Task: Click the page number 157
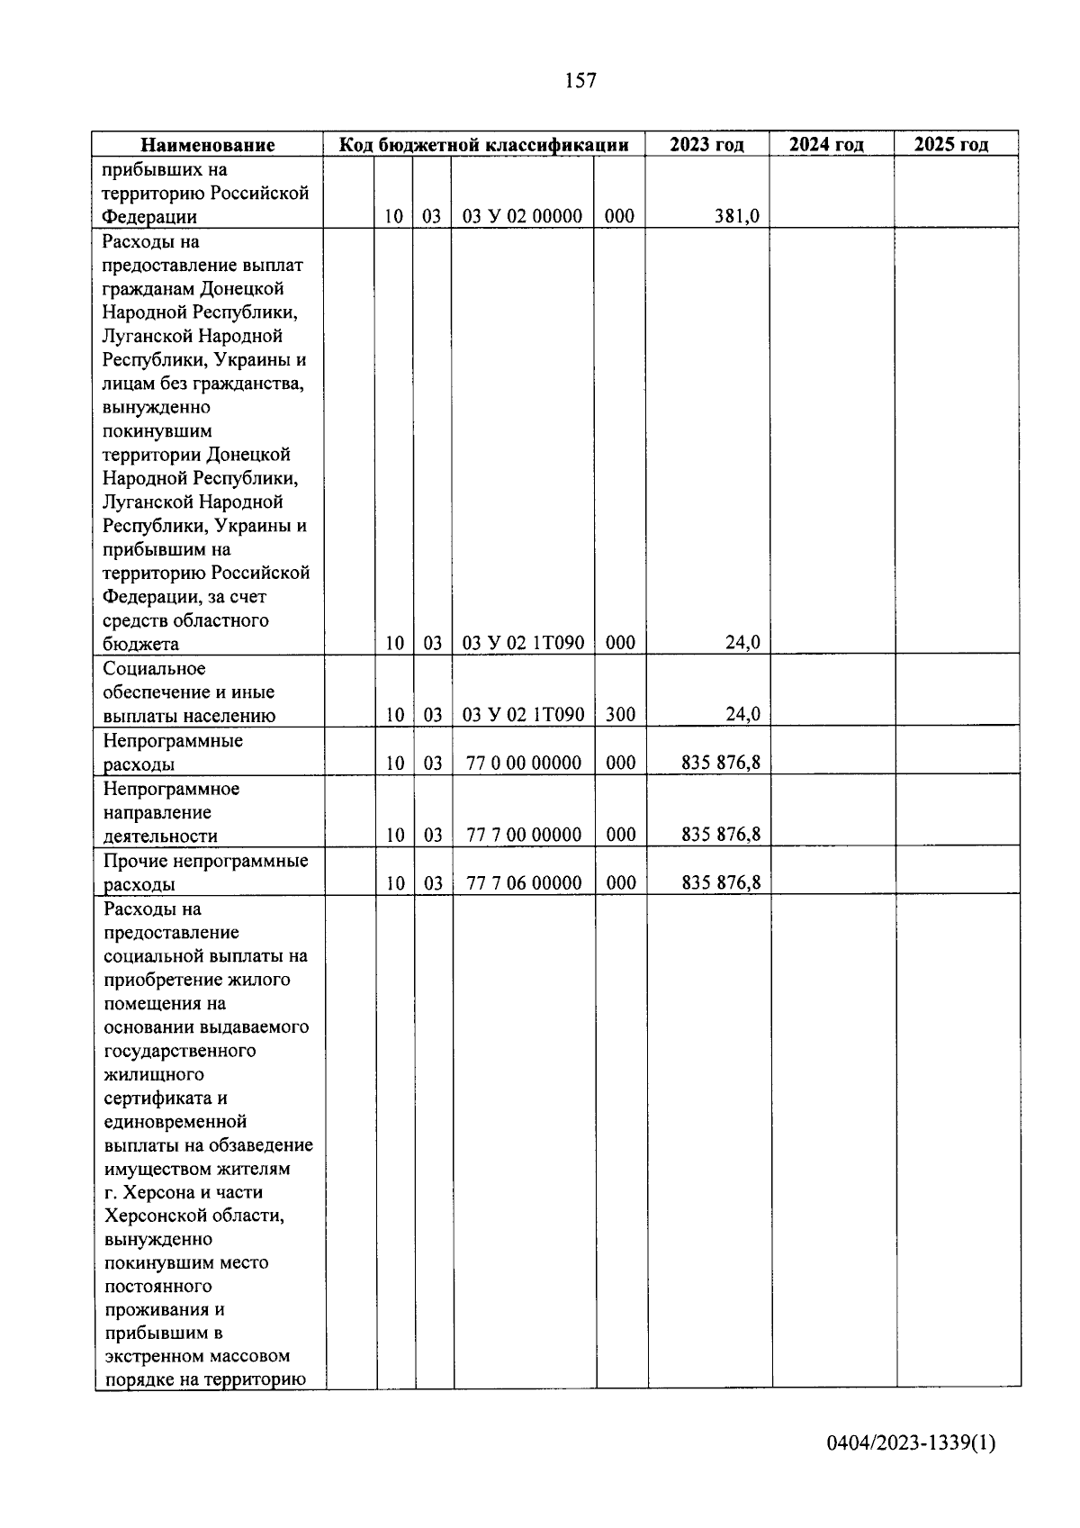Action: [580, 81]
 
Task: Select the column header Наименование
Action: [208, 145]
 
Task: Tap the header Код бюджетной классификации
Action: [483, 145]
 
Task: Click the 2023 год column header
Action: [706, 144]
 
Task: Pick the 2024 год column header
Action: [826, 144]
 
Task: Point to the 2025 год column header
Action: [950, 144]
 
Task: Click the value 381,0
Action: [736, 216]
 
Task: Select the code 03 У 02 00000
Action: [522, 216]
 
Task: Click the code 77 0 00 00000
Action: [524, 763]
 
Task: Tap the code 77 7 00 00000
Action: [524, 835]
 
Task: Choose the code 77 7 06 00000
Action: [524, 883]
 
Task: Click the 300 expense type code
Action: [619, 715]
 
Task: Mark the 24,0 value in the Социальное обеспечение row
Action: [742, 715]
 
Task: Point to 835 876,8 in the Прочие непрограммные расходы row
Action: [720, 883]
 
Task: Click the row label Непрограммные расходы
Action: [173, 753]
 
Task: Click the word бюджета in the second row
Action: [140, 644]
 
